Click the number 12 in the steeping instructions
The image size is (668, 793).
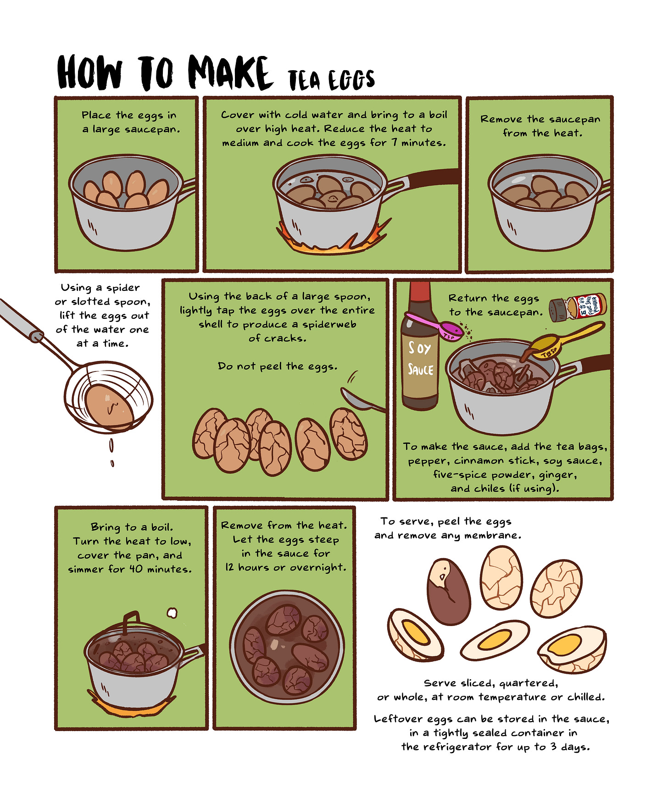tap(229, 567)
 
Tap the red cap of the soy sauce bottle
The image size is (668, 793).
tap(420, 297)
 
